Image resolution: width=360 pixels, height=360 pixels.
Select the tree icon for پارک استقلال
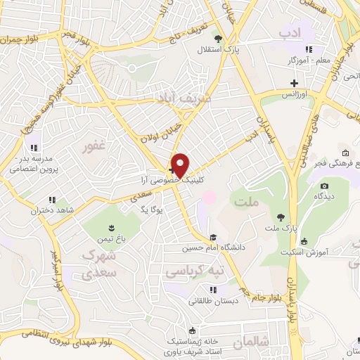pos(218,39)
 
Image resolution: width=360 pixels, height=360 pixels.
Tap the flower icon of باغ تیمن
pos(110,226)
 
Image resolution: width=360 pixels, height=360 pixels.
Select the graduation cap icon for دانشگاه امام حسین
pos(212,238)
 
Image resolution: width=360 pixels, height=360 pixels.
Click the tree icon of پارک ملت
pos(281,217)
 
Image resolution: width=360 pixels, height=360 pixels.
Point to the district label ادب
pos(290,32)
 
